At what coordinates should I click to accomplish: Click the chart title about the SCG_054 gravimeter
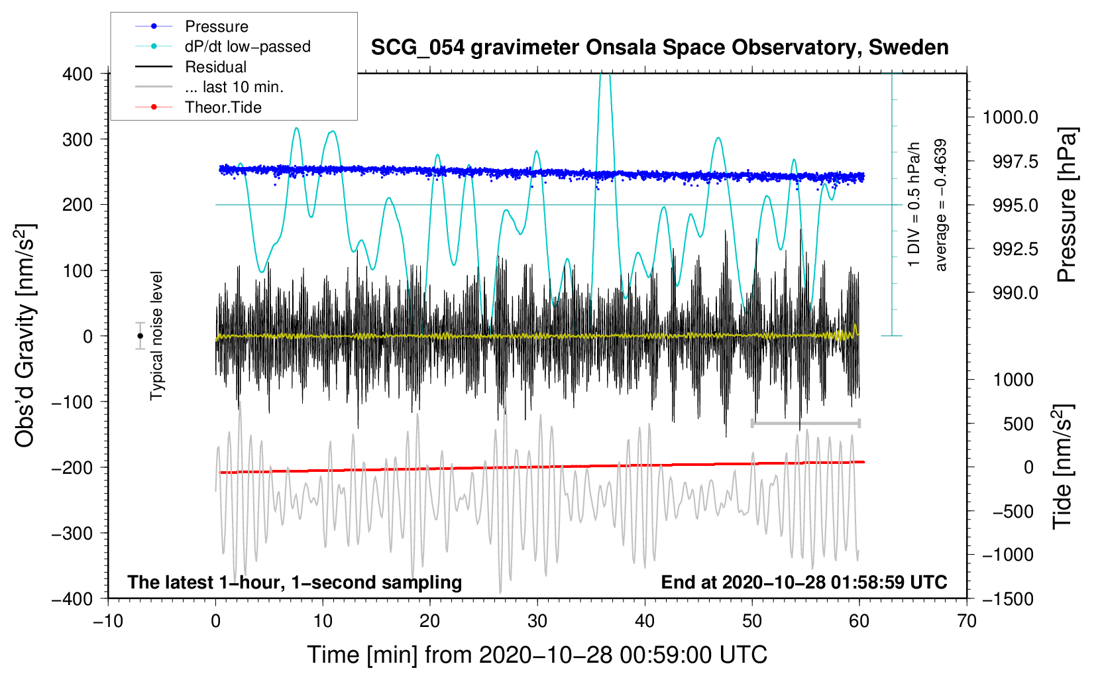coord(659,48)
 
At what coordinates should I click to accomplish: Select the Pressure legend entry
coord(216,27)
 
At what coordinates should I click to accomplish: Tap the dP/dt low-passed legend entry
coord(247,46)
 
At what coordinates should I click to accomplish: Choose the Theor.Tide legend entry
coord(223,107)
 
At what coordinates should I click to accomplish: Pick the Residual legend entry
coord(215,67)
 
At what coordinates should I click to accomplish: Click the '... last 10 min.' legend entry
coord(234,87)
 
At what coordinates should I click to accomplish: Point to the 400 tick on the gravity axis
coord(78,74)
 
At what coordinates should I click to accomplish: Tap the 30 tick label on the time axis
coord(537,622)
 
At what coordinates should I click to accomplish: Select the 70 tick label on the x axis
coord(967,622)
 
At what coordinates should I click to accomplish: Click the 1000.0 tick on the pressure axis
coord(1010,117)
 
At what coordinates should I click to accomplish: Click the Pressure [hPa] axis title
coord(1066,205)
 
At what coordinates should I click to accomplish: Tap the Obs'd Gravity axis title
coord(25,335)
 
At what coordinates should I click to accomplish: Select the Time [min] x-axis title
coord(537,655)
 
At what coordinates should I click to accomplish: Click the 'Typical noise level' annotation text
coord(156,335)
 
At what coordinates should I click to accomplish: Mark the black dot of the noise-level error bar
coord(140,336)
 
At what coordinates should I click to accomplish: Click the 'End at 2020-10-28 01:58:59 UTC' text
coord(804,582)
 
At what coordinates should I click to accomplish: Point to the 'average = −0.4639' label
coord(941,205)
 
